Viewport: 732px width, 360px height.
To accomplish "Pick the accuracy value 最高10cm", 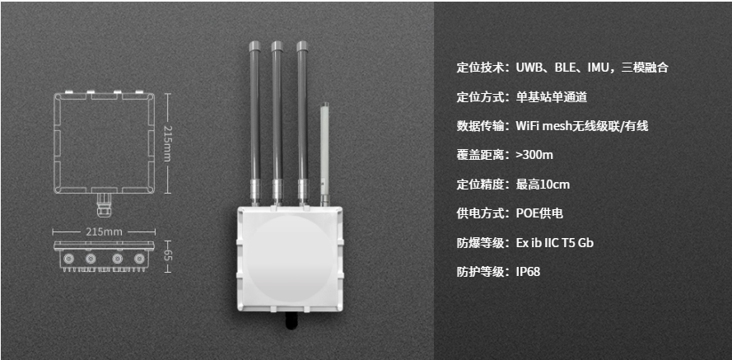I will click(543, 184).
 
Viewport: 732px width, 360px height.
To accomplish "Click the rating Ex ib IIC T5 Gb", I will click(554, 241).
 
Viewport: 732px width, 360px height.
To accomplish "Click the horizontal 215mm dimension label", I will click(104, 231).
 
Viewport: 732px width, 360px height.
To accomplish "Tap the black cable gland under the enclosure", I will click(290, 318).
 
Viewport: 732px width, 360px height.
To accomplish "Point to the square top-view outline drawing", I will click(105, 143).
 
